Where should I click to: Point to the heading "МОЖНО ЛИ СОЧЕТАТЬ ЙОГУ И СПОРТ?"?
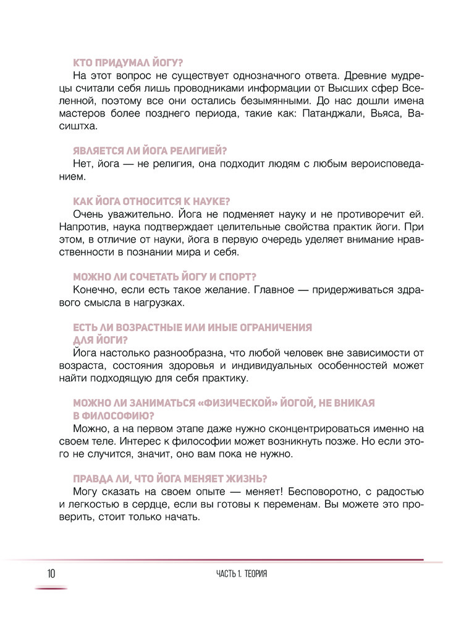(157, 277)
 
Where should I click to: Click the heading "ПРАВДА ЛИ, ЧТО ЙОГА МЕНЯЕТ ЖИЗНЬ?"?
(163, 478)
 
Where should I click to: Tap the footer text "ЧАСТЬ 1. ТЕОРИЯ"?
(242, 574)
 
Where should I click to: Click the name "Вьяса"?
(378, 115)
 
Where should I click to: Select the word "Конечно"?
(93, 290)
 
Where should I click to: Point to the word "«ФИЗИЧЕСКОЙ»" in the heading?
(232, 403)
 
